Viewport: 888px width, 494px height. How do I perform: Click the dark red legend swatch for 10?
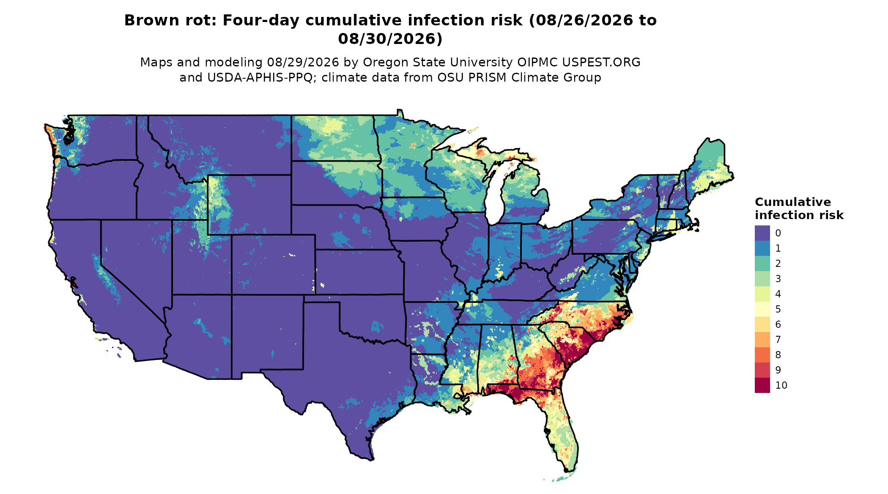click(x=762, y=385)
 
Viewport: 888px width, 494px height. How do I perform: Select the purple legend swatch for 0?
click(x=762, y=233)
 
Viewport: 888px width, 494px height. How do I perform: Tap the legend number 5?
click(x=778, y=309)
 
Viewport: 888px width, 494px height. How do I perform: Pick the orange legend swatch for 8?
click(x=762, y=355)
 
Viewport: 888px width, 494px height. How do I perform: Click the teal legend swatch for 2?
click(x=762, y=263)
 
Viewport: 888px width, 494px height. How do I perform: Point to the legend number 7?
click(x=778, y=340)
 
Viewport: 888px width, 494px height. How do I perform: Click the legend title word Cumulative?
click(x=793, y=202)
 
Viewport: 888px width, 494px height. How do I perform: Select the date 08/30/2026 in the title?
click(x=390, y=38)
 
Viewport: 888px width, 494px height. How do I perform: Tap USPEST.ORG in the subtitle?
click(x=601, y=62)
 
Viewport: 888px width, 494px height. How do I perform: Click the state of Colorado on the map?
click(x=273, y=264)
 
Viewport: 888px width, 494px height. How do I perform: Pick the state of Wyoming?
click(x=249, y=205)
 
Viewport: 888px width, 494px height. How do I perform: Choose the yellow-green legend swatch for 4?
click(x=762, y=294)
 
